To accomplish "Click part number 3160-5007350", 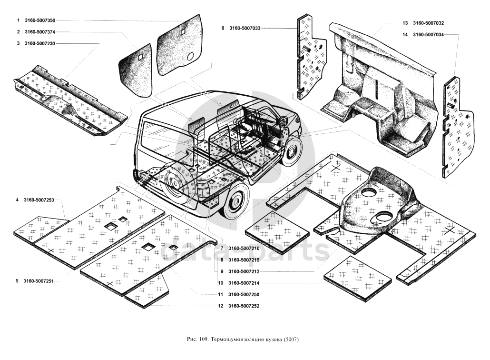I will pyautogui.click(x=40, y=20).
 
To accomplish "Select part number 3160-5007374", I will pyautogui.click(x=40, y=32).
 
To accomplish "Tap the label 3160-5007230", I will pyautogui.click(x=40, y=43).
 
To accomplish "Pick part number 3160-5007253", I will pyautogui.click(x=40, y=200).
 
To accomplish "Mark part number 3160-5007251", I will pyautogui.click(x=40, y=281).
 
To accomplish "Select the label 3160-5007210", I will pyautogui.click(x=244, y=249).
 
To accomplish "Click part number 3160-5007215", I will pyautogui.click(x=244, y=260).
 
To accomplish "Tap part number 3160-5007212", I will pyautogui.click(x=244, y=271).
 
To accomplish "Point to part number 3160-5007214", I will pyautogui.click(x=244, y=283).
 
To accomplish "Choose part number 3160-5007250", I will pyautogui.click(x=244, y=295).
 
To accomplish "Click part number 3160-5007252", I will pyautogui.click(x=244, y=306).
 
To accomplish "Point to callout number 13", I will pyautogui.click(x=405, y=23).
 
